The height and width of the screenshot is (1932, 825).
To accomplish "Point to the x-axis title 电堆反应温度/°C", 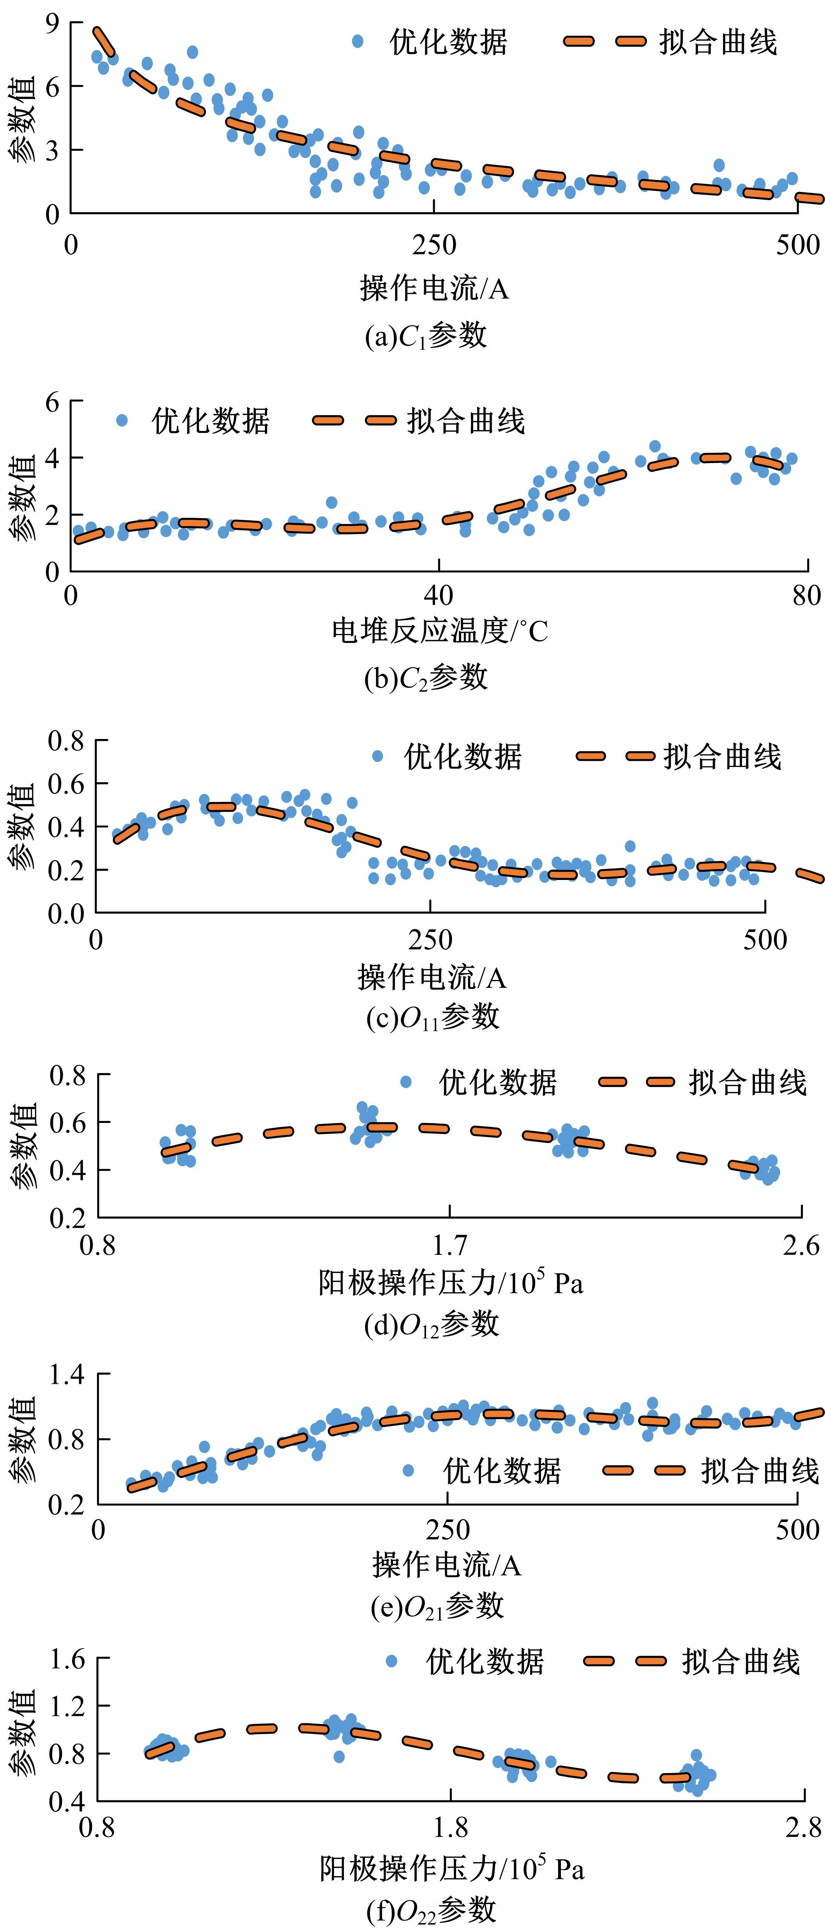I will pyautogui.click(x=439, y=632).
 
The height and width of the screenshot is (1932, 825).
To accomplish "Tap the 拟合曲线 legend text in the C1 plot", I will pyautogui.click(x=718, y=42).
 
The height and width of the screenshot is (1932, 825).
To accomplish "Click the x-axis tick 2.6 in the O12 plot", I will pyautogui.click(x=801, y=1245).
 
